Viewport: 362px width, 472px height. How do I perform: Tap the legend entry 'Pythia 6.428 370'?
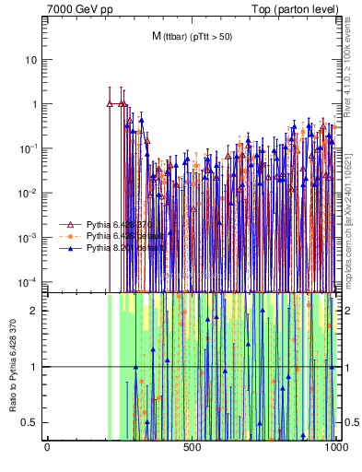point(119,224)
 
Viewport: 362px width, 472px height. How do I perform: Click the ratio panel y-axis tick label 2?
point(37,311)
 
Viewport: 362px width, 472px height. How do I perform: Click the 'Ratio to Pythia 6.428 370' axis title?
point(13,366)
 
